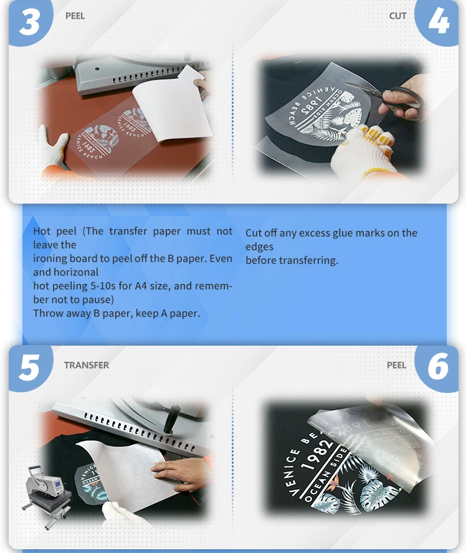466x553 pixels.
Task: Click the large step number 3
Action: coord(30,22)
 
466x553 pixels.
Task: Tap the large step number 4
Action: coord(439,21)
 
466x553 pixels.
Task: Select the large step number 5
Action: coord(29,367)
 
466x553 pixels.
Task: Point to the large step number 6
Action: coord(438,367)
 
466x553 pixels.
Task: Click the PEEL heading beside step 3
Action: coord(75,16)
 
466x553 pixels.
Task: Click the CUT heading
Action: coord(397,16)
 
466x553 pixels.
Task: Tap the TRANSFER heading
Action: coord(87,365)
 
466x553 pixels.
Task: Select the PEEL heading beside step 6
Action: coord(396,365)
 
